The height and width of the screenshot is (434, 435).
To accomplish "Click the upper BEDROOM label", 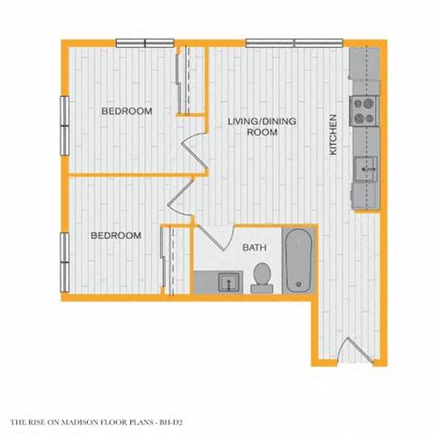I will [x=126, y=111].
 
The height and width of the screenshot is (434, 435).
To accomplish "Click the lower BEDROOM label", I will [x=115, y=236].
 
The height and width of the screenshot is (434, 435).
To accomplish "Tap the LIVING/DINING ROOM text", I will [x=262, y=126].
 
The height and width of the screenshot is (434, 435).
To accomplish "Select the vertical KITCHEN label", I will [x=333, y=134].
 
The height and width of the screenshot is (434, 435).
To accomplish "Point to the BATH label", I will [x=253, y=246].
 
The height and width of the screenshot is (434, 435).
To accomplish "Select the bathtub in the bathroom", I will [x=300, y=262].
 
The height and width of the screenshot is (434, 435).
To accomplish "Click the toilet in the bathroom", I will [x=262, y=276].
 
